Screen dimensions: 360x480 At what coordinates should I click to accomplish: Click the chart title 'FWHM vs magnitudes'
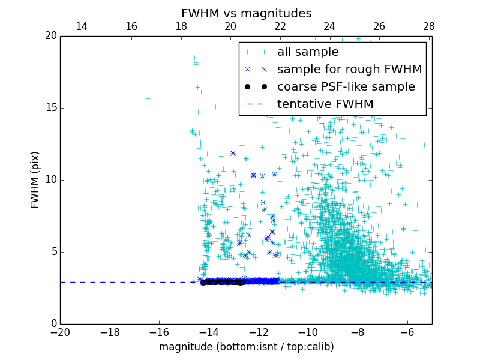pos(246,13)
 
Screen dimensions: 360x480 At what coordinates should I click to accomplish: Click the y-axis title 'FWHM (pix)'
pos(35,180)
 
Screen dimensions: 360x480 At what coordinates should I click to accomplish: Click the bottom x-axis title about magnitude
pos(246,347)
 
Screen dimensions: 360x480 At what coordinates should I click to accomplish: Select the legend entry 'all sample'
pos(308,52)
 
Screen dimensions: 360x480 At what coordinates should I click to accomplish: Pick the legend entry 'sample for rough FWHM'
pos(349,70)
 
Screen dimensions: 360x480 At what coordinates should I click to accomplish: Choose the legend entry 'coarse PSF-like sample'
pos(346,87)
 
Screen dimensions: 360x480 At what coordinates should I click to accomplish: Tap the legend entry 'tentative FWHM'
pos(325,104)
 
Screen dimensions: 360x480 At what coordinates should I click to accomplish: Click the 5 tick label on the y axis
pos(53,252)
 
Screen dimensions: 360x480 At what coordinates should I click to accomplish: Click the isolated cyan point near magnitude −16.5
pos(148,98)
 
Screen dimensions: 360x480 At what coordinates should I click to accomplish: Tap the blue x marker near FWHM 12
pos(233,153)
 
